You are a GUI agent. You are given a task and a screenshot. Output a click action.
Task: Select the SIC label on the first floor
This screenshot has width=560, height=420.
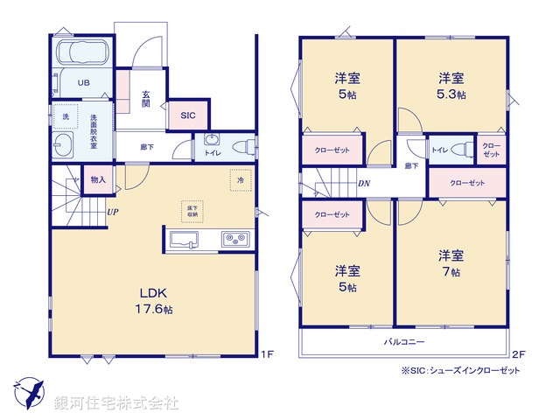(188, 115)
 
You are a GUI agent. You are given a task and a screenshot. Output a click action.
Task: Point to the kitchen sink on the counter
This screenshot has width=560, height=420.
(185, 240)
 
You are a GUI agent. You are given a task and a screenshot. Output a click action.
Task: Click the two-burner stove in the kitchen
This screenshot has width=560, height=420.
(235, 239)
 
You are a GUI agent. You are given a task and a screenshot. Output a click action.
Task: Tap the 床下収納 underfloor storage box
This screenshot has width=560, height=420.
(192, 209)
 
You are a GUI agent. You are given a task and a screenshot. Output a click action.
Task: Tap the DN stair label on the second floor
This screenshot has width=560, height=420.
(363, 183)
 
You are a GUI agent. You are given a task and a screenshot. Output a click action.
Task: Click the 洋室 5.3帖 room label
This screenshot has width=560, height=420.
(451, 86)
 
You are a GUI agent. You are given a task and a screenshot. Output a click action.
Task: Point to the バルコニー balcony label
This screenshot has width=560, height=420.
(403, 341)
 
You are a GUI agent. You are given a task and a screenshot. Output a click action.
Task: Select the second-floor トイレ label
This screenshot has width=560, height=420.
(440, 150)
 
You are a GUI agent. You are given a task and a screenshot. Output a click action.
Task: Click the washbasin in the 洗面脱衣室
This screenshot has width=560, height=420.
(64, 146)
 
